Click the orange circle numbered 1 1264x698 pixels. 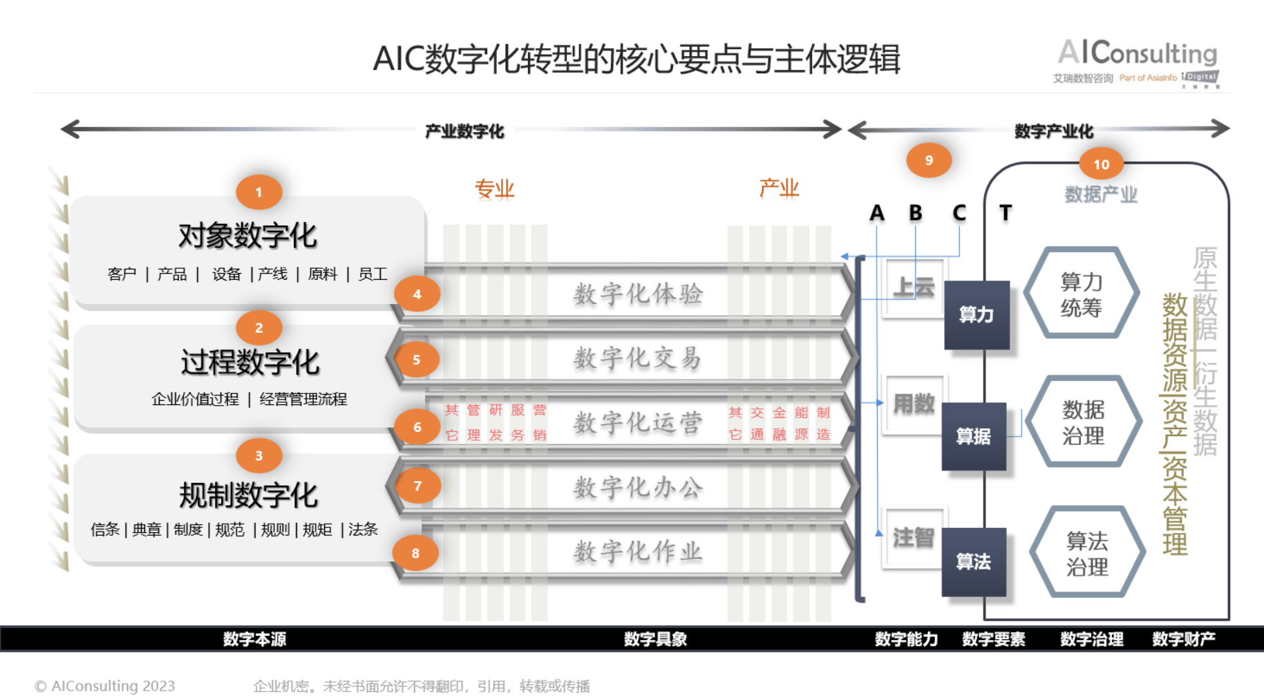click(x=258, y=192)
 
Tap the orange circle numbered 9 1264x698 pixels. click(x=929, y=160)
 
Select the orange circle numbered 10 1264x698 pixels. click(x=1101, y=164)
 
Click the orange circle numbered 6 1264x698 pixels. click(x=417, y=427)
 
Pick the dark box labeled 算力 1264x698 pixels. click(x=977, y=314)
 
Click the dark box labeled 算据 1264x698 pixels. click(x=973, y=436)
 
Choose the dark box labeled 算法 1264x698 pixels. click(x=973, y=561)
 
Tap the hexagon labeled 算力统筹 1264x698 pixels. click(x=1081, y=293)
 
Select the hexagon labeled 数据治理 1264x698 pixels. click(x=1083, y=422)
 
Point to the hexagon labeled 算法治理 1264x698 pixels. click(x=1086, y=552)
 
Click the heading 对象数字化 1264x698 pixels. click(x=247, y=236)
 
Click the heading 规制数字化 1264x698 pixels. click(x=248, y=495)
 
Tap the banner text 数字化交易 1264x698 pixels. click(x=637, y=358)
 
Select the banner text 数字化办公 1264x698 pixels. click(x=637, y=487)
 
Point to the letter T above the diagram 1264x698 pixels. click(x=1006, y=213)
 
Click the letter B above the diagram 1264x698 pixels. click(x=915, y=213)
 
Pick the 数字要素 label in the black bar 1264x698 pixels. click(x=993, y=639)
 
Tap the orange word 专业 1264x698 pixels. click(x=494, y=189)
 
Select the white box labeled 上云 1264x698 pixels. click(x=914, y=287)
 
